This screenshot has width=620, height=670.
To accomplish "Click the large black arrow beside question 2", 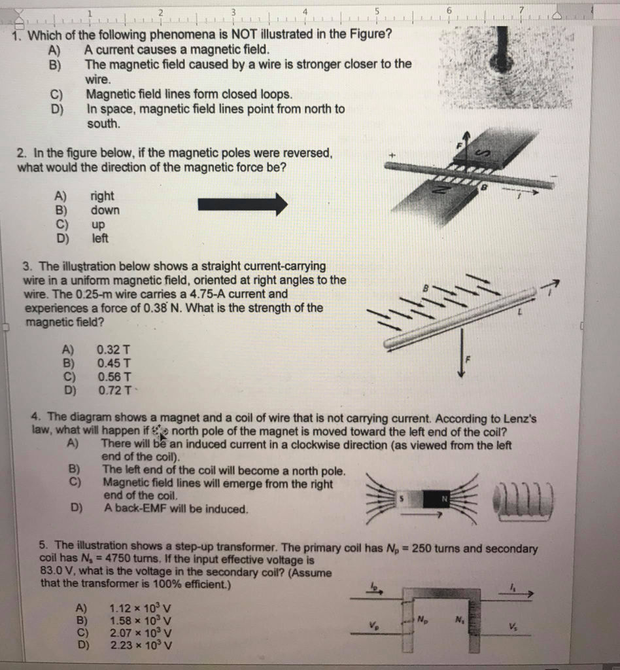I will click(243, 204).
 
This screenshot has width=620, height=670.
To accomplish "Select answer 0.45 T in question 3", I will click(114, 363).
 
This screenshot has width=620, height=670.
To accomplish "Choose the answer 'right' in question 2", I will click(102, 196).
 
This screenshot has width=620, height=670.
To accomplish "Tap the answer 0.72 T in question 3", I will click(114, 391).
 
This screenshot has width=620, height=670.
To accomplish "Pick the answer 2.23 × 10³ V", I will click(141, 646).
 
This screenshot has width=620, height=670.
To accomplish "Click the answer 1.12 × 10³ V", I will click(141, 607).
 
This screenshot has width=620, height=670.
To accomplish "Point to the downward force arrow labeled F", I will click(462, 354).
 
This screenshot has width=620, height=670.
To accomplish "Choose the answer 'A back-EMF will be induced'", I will click(175, 508).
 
